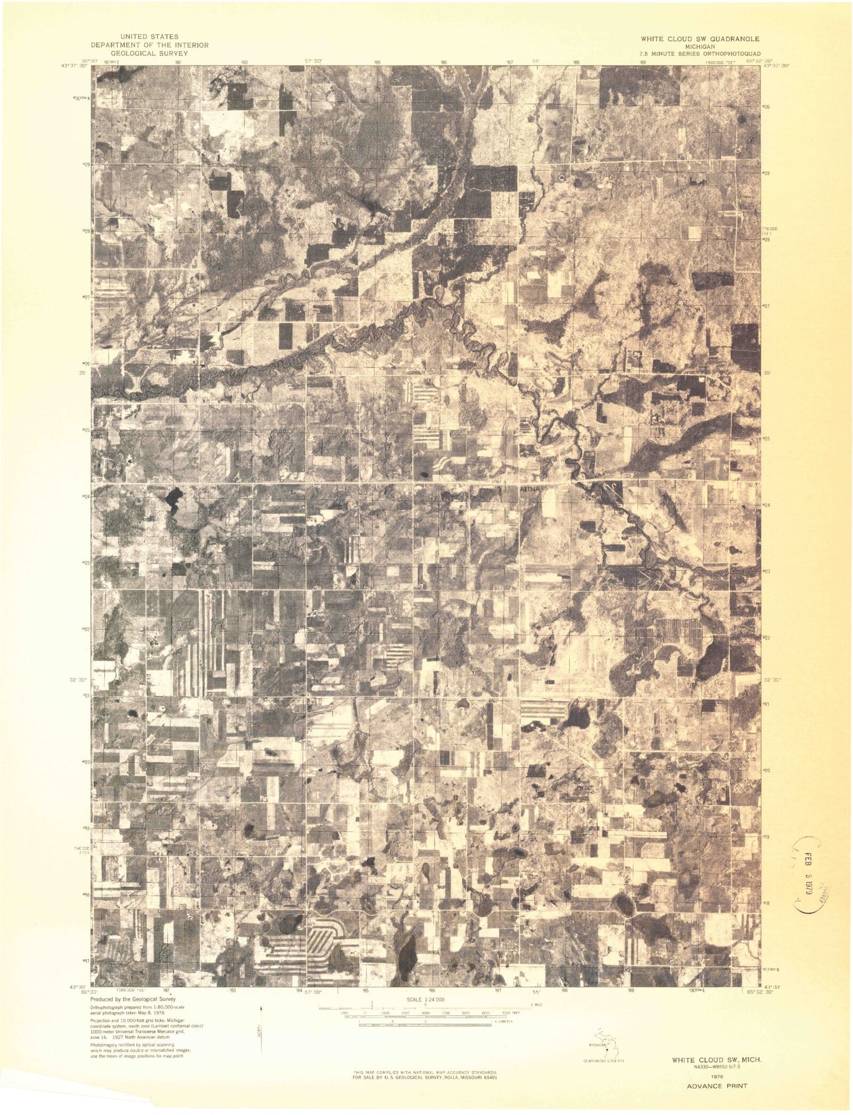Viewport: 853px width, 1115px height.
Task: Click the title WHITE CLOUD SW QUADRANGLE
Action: pyautogui.click(x=700, y=38)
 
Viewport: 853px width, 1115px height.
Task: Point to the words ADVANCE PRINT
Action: pyautogui.click(x=716, y=1085)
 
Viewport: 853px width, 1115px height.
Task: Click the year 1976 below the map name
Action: pyautogui.click(x=716, y=1076)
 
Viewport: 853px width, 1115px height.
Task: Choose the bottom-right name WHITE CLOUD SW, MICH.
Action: pyautogui.click(x=716, y=1060)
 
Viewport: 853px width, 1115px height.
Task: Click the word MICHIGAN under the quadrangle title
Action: pyautogui.click(x=700, y=45)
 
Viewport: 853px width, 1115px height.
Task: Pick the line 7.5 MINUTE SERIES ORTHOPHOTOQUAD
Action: pyautogui.click(x=700, y=53)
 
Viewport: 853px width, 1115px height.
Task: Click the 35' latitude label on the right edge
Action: pyautogui.click(x=767, y=373)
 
